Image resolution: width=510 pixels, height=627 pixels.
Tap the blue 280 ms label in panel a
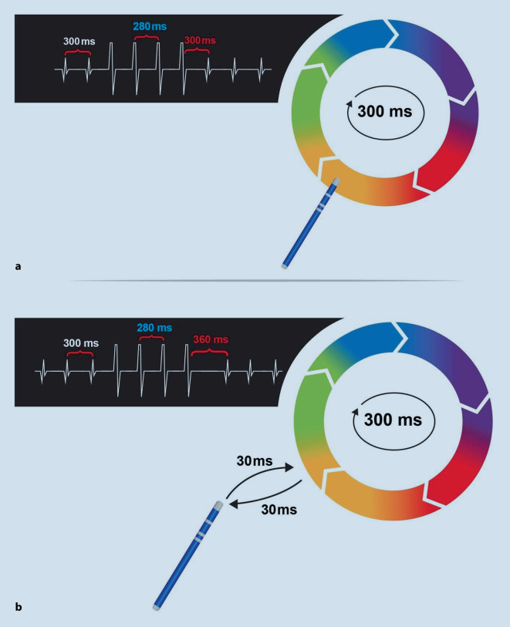pos(150,27)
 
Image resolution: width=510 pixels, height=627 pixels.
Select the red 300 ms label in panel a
pos(199,40)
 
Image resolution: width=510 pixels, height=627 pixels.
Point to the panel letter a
pos(18,267)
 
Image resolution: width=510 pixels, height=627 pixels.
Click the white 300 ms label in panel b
pos(80,343)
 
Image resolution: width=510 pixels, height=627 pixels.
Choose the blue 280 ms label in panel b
pos(151,327)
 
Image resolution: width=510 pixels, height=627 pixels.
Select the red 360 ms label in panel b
pos(210,340)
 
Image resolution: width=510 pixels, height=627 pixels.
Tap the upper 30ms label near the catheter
pos(254,460)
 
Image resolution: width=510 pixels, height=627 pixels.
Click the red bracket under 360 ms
pos(209,353)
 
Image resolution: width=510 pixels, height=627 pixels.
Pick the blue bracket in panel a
pos(147,37)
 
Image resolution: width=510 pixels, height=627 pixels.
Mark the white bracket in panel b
pos(80,354)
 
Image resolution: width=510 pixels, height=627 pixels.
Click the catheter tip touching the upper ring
pos(336,183)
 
